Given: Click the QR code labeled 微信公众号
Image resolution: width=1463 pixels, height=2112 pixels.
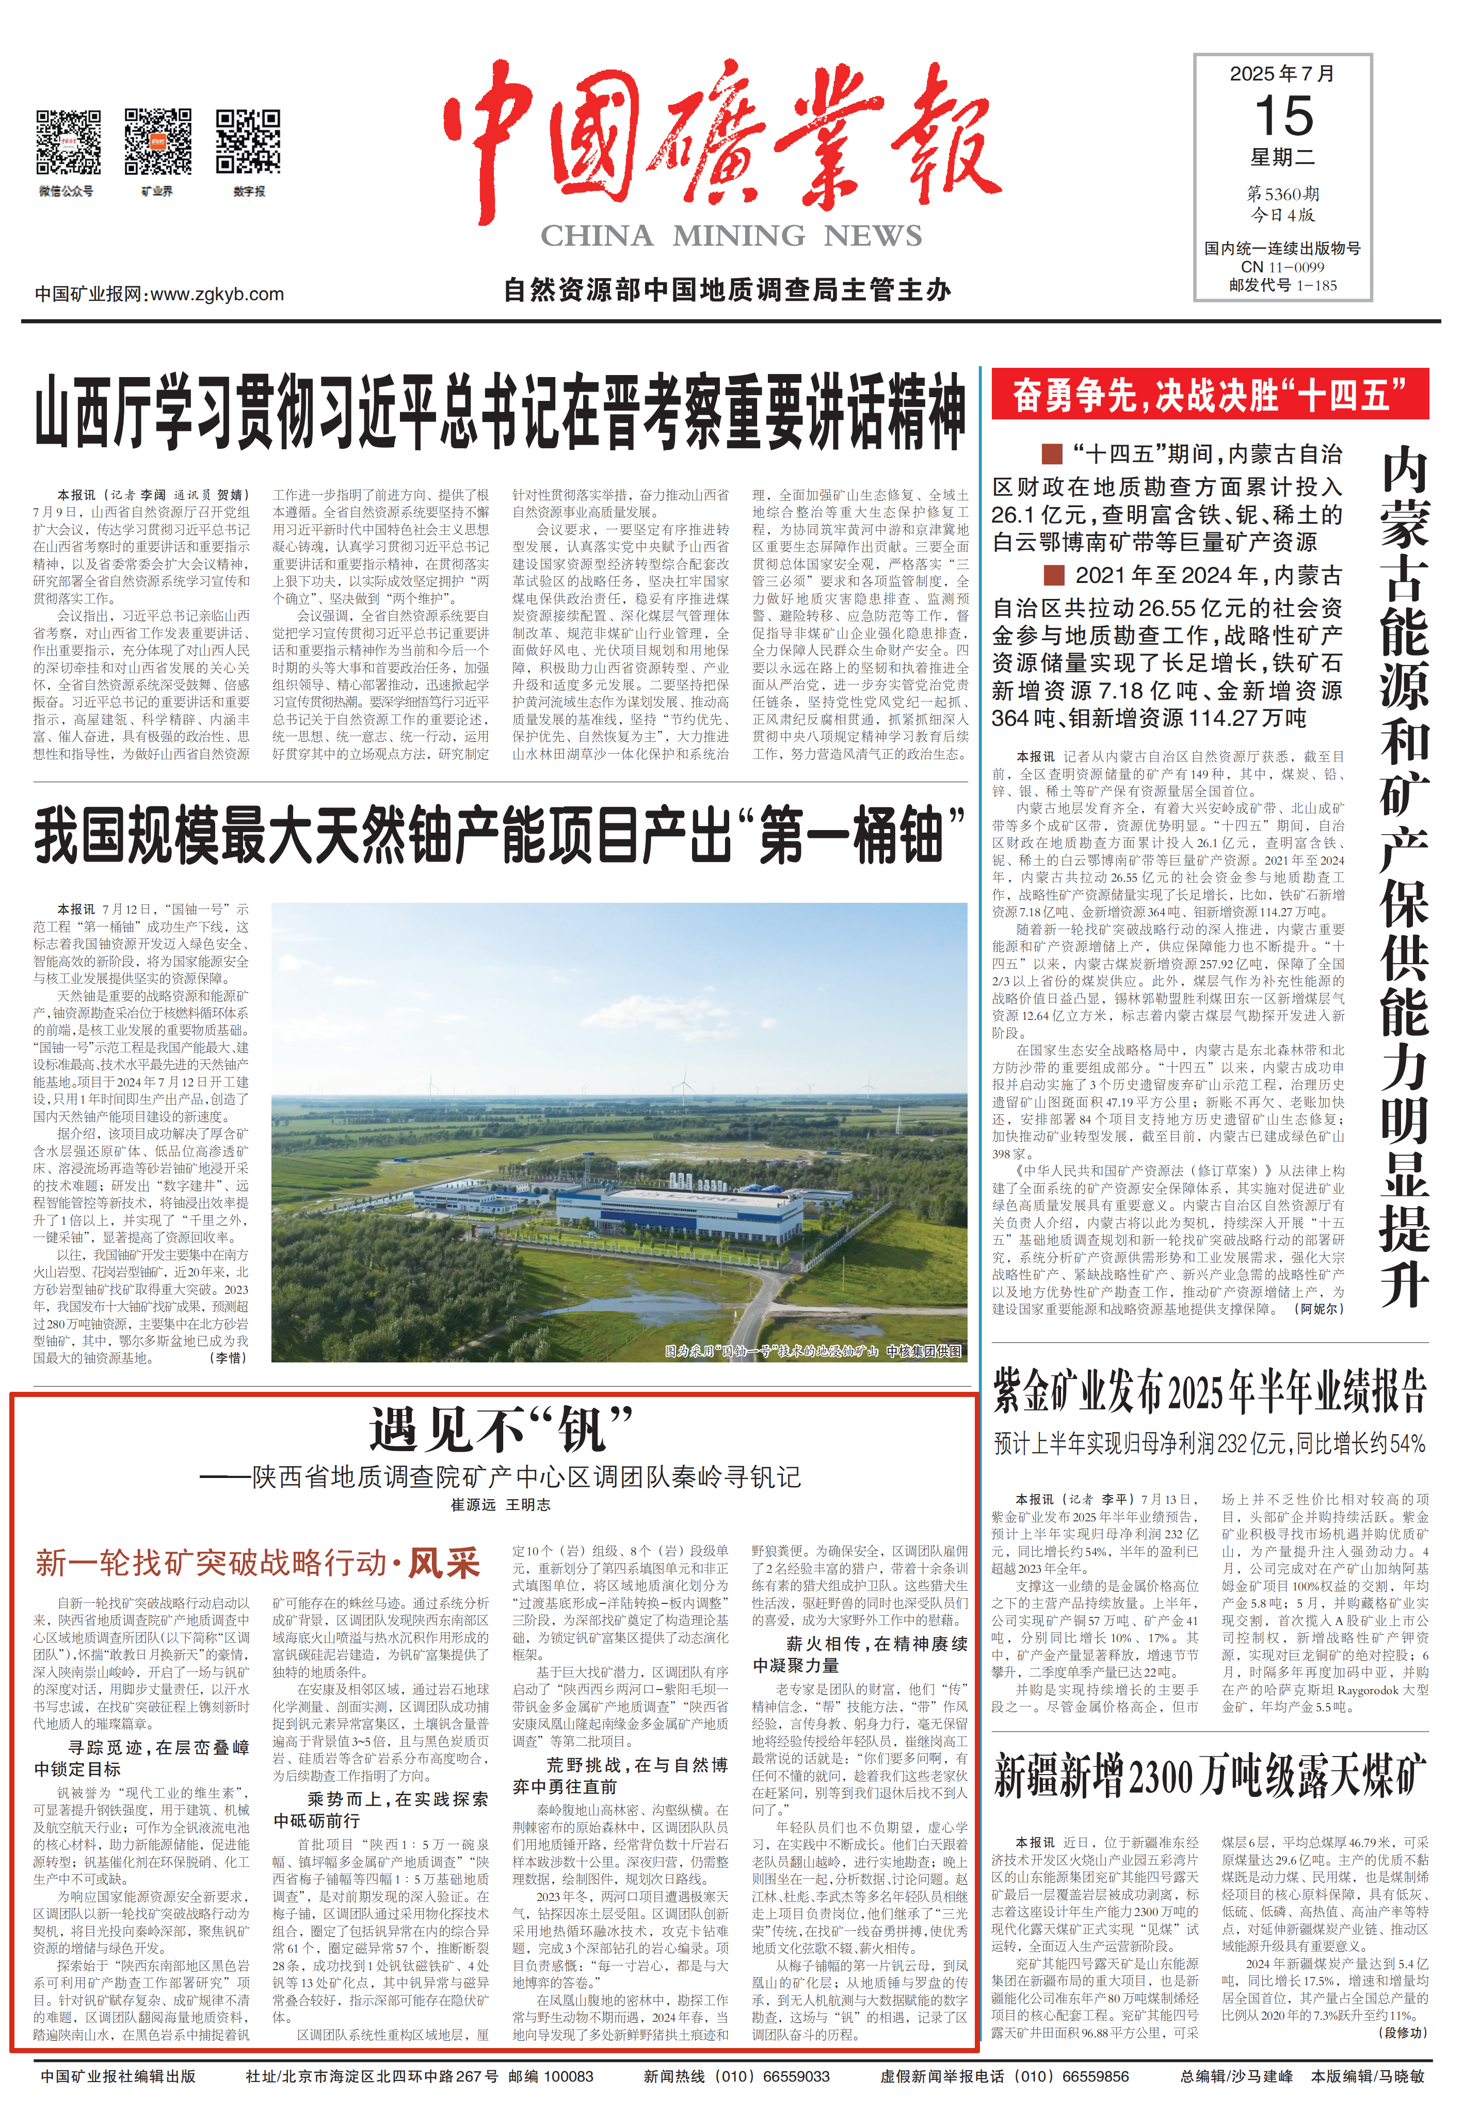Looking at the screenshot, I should tap(68, 142).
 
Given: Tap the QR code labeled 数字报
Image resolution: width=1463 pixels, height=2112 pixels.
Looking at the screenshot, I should tap(248, 142).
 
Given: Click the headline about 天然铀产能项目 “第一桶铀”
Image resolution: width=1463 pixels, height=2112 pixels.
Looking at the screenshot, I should tap(500, 835).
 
